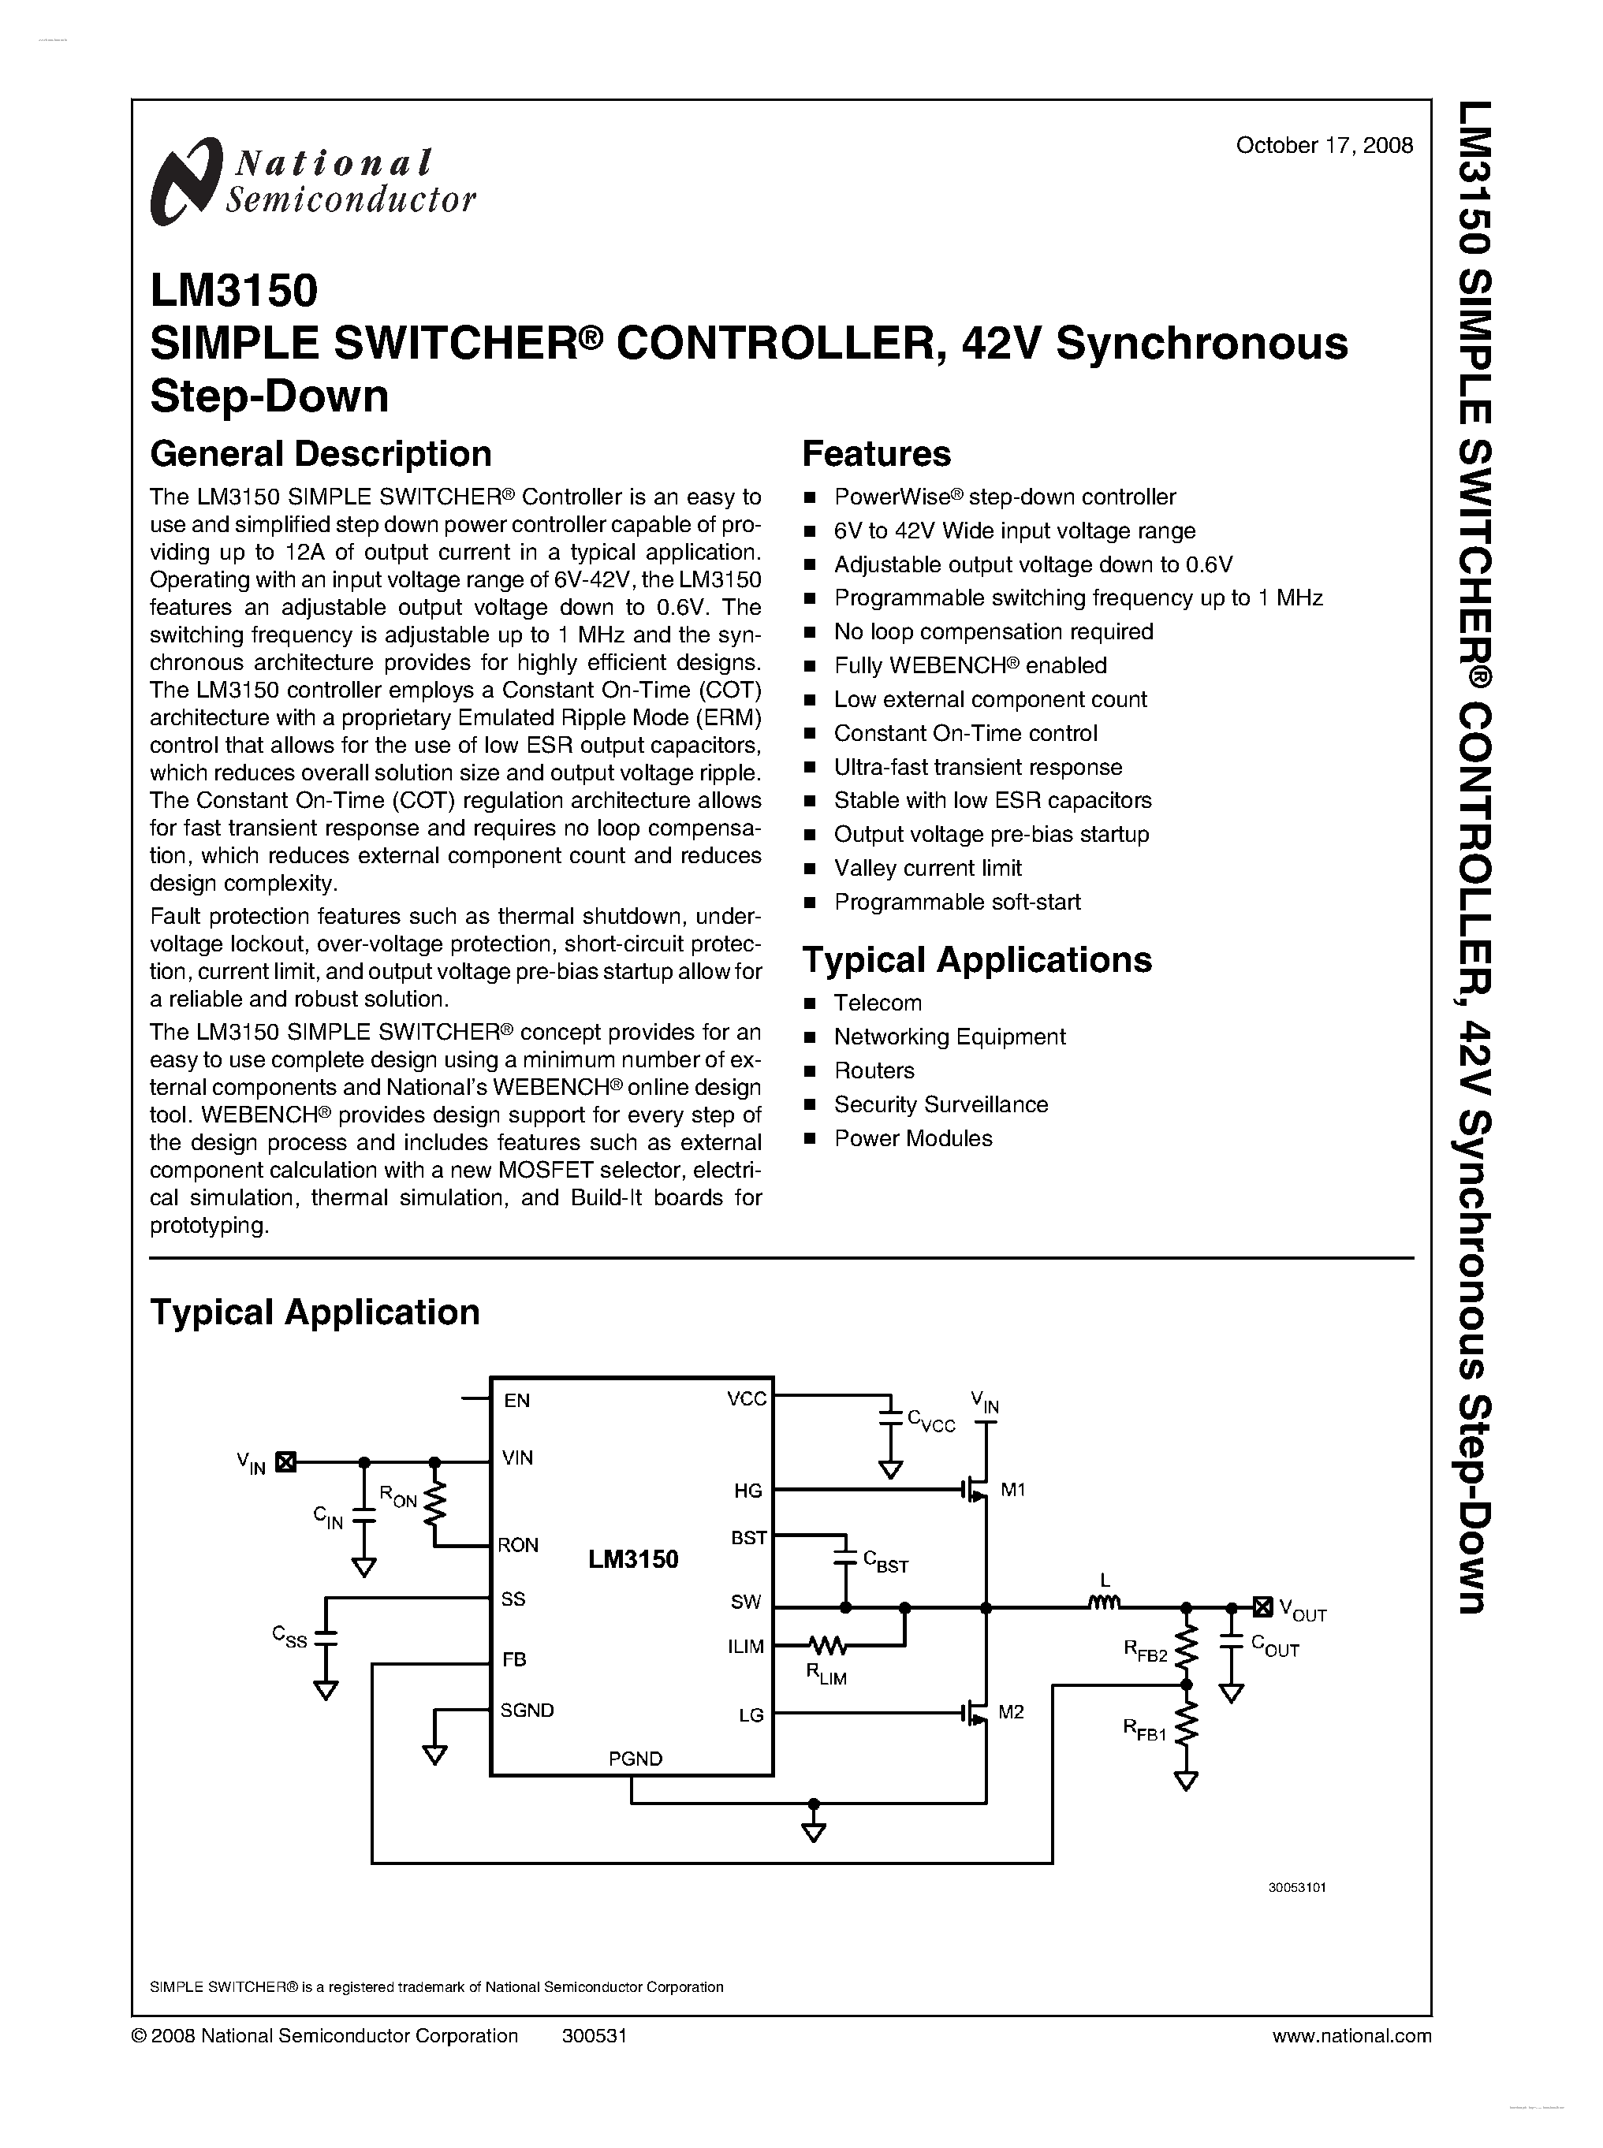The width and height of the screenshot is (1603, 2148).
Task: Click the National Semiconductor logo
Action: [x=312, y=181]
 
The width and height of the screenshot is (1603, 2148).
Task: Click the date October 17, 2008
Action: [x=1324, y=146]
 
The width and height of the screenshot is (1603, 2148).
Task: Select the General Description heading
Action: [x=320, y=454]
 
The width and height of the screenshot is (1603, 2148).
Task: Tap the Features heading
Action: [x=876, y=454]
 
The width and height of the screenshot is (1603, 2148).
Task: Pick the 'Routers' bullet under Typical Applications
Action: [x=874, y=1070]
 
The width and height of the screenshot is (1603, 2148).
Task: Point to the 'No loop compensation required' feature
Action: [x=993, y=631]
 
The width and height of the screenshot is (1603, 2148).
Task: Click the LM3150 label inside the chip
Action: [x=632, y=1560]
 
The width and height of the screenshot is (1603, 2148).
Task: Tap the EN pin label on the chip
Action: [x=516, y=1400]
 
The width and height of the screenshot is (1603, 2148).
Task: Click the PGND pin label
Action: [x=636, y=1758]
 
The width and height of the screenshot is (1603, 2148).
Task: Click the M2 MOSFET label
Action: [x=1011, y=1712]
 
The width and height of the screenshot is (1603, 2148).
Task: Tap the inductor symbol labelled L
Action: [x=1104, y=1603]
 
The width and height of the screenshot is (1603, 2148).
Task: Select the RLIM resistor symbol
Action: [x=828, y=1645]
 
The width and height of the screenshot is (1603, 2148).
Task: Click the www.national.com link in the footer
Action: [x=1351, y=2035]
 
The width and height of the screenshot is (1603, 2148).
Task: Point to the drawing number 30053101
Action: [x=1296, y=1888]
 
